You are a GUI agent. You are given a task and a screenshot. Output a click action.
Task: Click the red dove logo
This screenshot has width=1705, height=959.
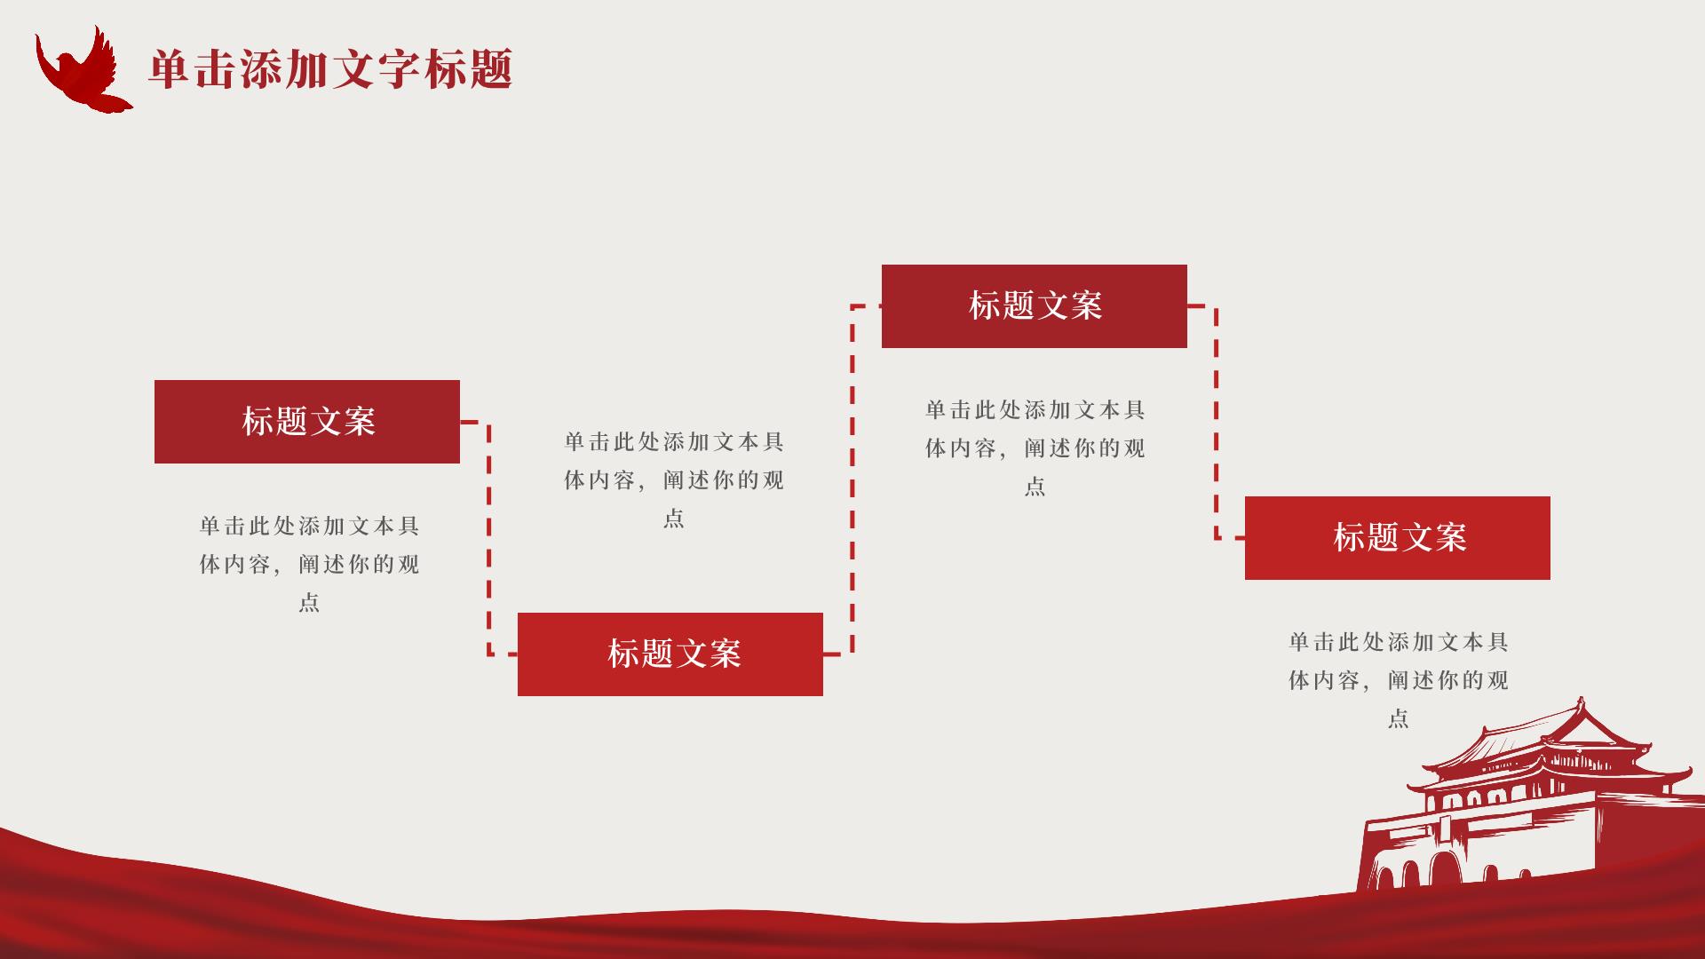click(x=82, y=71)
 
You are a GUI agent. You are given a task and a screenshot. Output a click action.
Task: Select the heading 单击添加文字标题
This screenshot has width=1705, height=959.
click(x=330, y=69)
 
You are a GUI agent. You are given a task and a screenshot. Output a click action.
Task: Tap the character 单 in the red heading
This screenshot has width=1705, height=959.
click(x=169, y=69)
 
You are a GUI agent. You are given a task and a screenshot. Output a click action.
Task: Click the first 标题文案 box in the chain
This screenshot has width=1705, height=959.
click(x=307, y=422)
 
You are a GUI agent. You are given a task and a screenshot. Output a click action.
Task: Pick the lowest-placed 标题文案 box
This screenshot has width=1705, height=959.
click(x=670, y=654)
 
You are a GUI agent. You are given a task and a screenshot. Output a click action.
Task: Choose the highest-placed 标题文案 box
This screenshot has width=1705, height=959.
click(x=1034, y=306)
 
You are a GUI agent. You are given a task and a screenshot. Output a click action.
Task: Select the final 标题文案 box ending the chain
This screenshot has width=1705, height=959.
click(x=1397, y=538)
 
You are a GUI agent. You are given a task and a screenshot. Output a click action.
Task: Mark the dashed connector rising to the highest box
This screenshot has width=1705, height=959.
click(x=852, y=479)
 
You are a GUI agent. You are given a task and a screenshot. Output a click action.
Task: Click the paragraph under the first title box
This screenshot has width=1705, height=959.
click(x=309, y=564)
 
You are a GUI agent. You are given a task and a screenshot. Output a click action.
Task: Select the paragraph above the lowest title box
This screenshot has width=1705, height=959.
click(x=674, y=479)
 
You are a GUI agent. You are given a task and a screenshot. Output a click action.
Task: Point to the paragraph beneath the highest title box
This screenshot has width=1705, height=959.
click(x=1035, y=448)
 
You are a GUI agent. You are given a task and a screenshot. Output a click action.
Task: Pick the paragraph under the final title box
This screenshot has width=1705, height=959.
click(x=1399, y=679)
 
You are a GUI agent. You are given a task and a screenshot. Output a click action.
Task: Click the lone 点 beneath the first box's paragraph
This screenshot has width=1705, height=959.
click(x=309, y=603)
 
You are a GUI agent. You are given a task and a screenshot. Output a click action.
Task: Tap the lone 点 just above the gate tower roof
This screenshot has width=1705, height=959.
click(x=1399, y=718)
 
